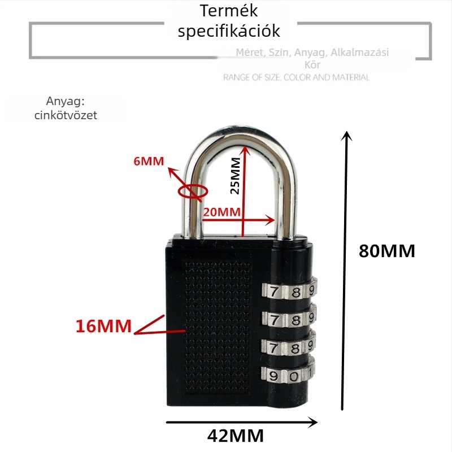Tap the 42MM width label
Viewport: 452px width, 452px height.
[x=236, y=436]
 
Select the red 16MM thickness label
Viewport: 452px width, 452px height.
[x=103, y=326]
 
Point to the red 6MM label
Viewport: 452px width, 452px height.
[x=149, y=161]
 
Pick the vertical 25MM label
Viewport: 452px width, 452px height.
[x=236, y=175]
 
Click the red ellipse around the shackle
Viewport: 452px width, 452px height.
[x=192, y=190]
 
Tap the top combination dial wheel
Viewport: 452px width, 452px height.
[x=288, y=292]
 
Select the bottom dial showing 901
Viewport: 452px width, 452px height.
[x=288, y=374]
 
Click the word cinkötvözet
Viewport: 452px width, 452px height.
[x=71, y=115]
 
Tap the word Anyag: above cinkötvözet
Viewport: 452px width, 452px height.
[x=65, y=102]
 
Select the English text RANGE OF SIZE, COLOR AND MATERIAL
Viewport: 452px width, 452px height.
[x=296, y=77]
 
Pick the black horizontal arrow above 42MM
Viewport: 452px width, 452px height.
[x=242, y=421]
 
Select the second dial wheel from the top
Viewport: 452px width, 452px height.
[x=288, y=319]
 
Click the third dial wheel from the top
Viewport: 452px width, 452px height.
[x=288, y=347]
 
